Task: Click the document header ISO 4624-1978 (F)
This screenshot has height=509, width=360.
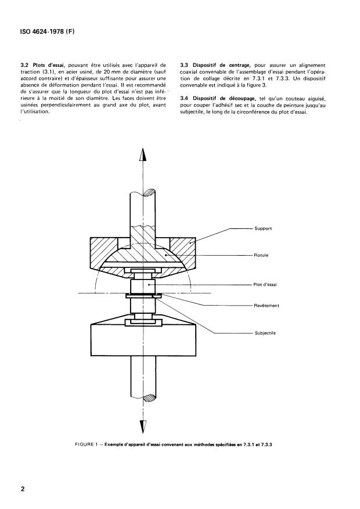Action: click(x=48, y=32)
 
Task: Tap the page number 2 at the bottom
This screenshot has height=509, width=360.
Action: click(x=23, y=489)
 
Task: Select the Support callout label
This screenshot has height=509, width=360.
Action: click(x=263, y=228)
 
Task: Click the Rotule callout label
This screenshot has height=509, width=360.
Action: click(x=261, y=255)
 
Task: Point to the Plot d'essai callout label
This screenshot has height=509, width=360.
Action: click(x=265, y=285)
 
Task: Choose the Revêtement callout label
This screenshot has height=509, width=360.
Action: click(x=267, y=306)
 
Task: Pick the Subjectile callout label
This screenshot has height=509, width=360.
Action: click(x=265, y=333)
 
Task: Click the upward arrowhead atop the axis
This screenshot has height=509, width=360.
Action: click(x=143, y=154)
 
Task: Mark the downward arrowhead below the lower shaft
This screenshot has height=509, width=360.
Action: click(x=143, y=427)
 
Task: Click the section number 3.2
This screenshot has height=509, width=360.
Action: click(x=24, y=65)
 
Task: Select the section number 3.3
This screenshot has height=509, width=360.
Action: click(x=184, y=65)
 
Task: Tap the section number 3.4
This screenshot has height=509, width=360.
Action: click(x=184, y=98)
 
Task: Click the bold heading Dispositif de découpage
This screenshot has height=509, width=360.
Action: click(x=224, y=98)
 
